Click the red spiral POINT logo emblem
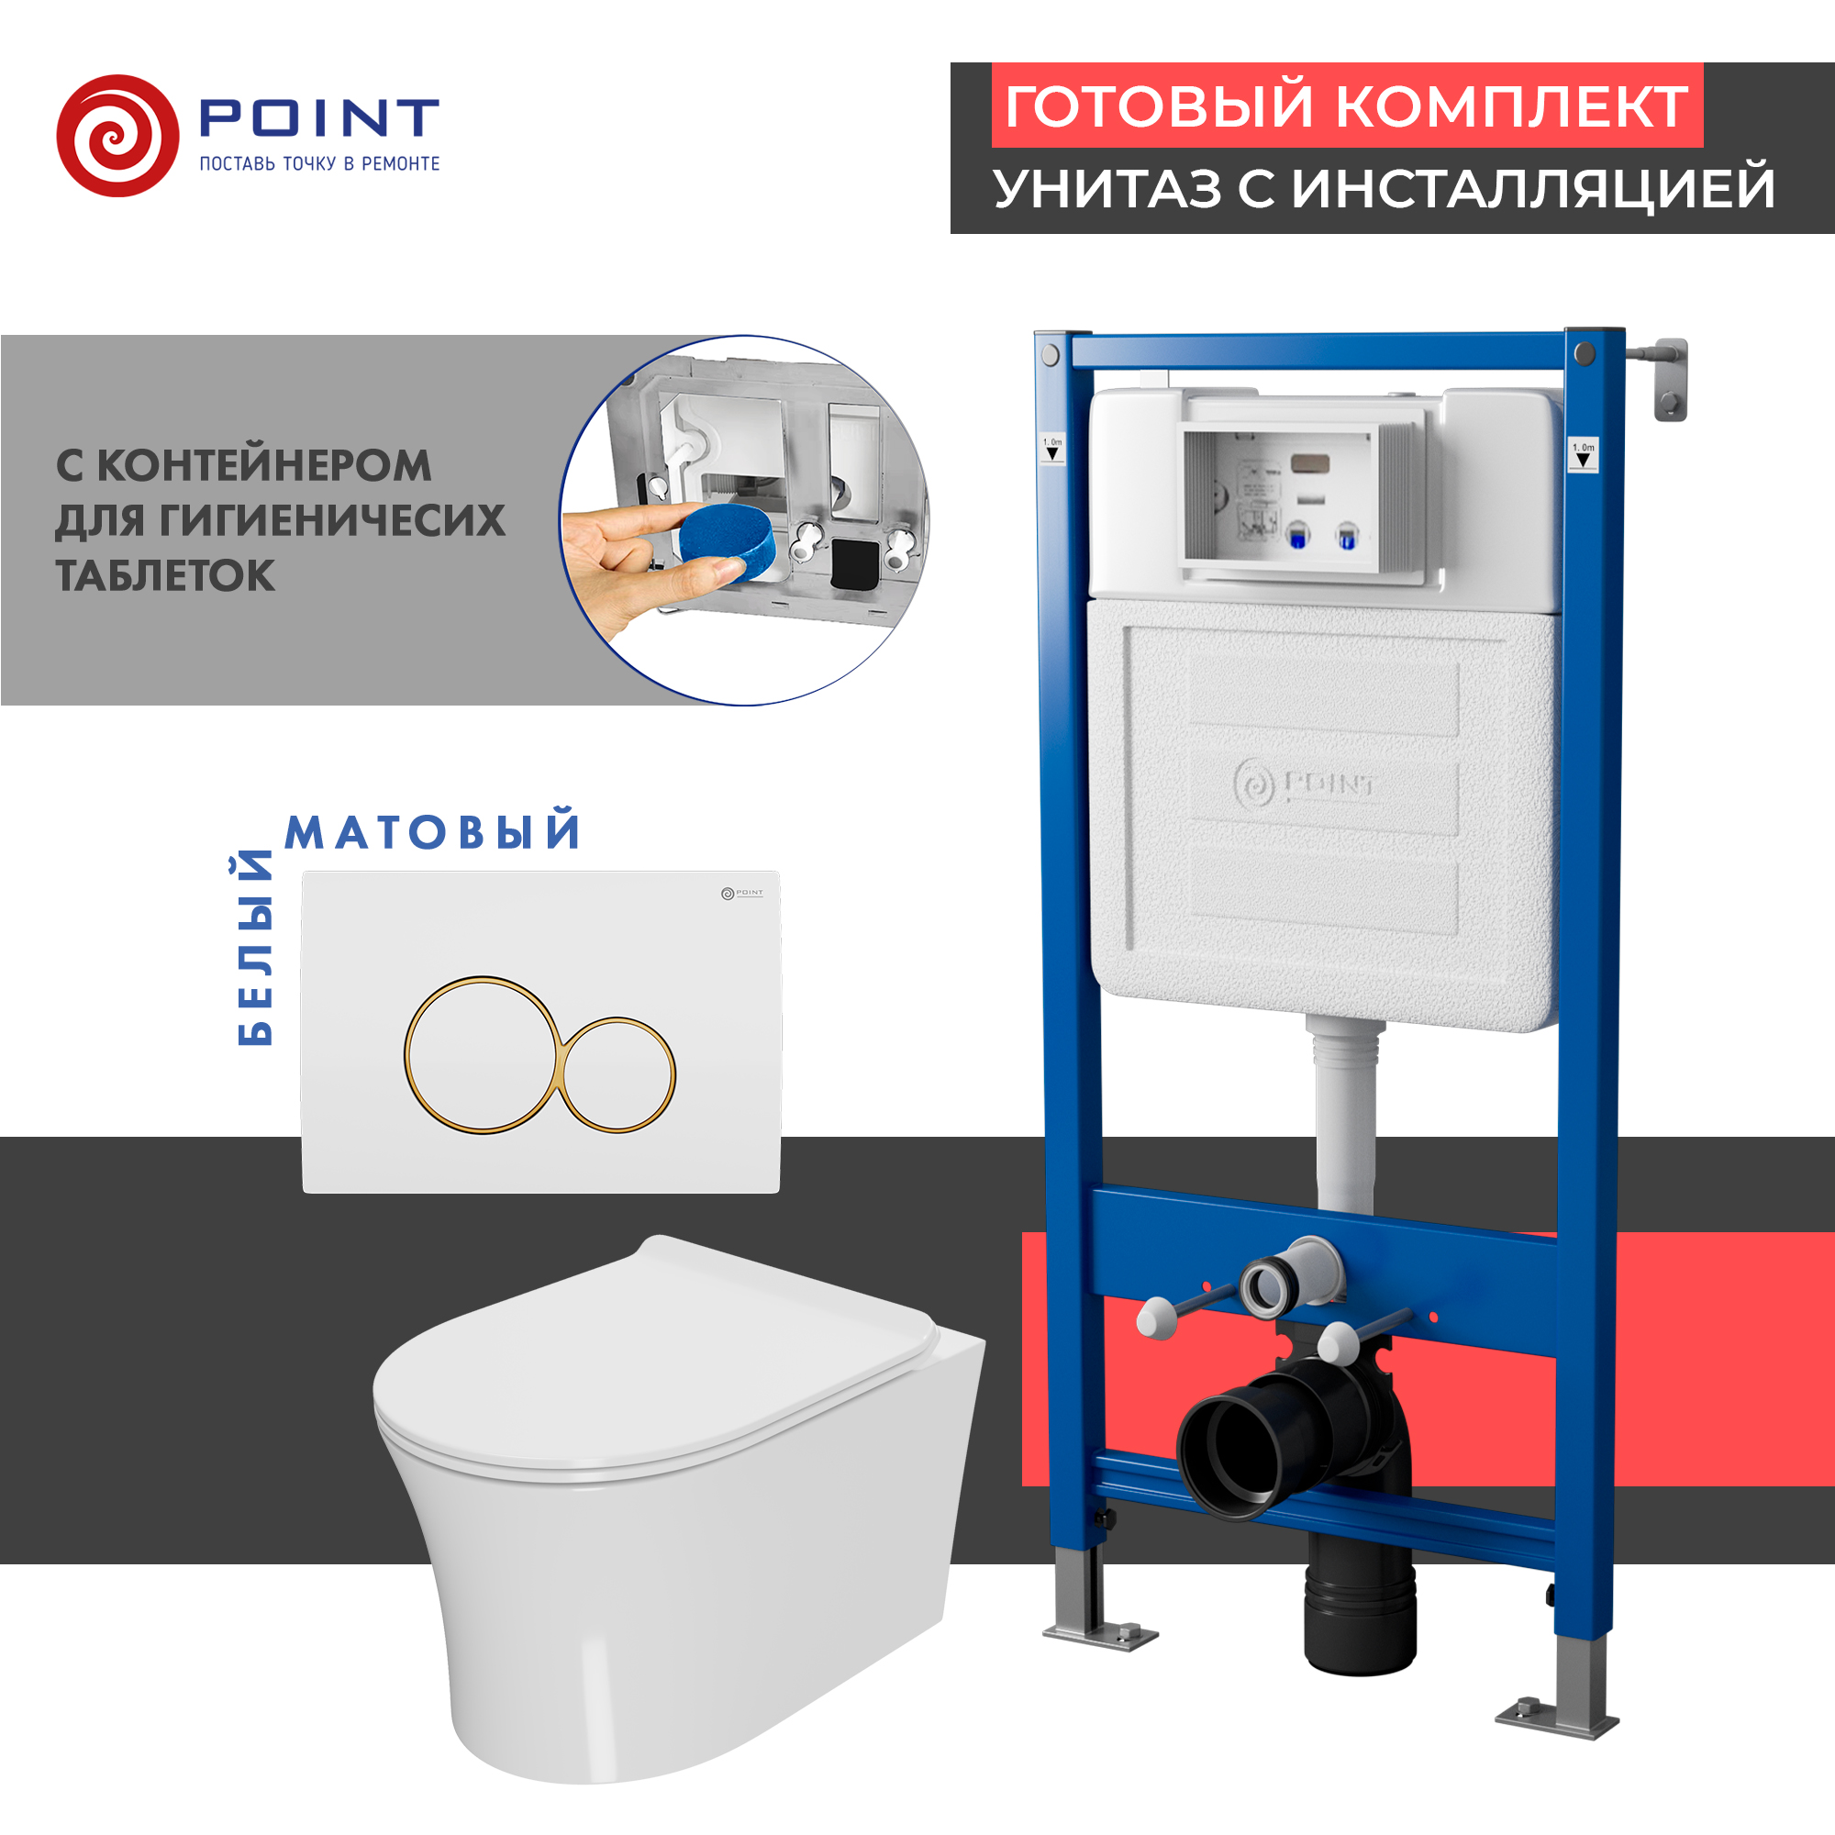(117, 136)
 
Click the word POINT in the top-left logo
(318, 117)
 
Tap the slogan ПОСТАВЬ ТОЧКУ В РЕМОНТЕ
(319, 164)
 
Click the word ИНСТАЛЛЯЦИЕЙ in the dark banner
(1534, 188)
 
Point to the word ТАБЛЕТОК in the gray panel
(165, 575)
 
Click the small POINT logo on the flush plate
(741, 893)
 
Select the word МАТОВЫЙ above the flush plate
(432, 832)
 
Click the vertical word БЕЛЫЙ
(254, 949)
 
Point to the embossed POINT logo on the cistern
(1304, 784)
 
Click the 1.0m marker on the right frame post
(1584, 454)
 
